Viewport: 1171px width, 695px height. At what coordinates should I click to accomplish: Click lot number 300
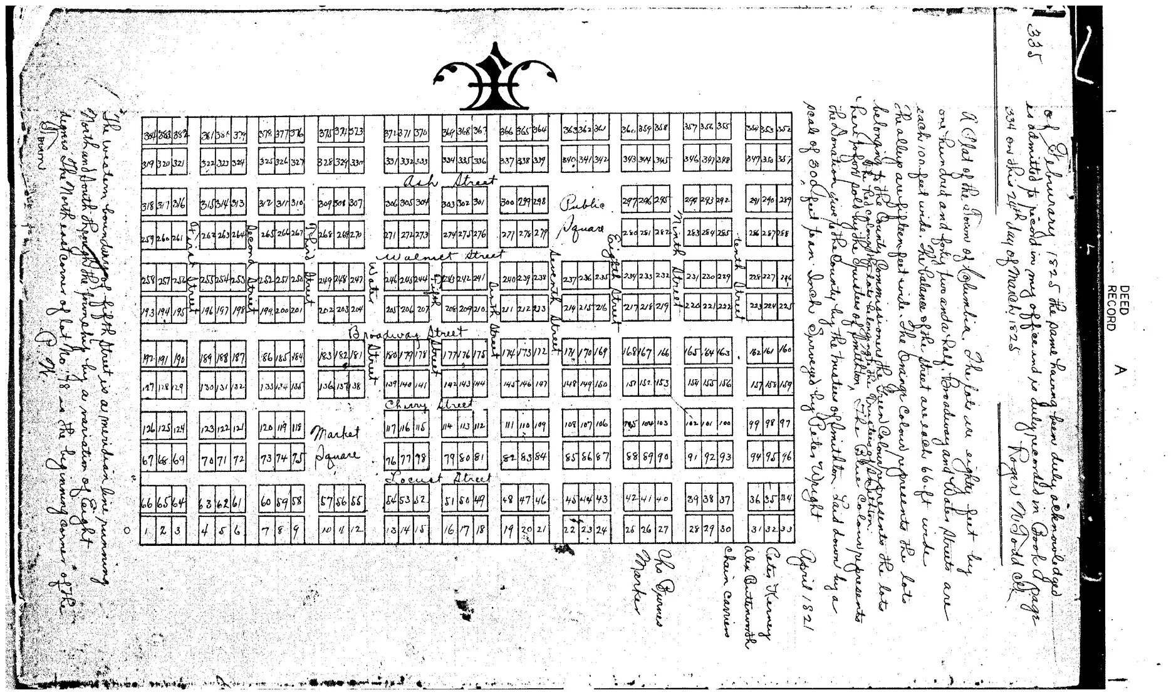point(509,202)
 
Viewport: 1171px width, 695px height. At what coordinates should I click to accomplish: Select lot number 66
point(147,503)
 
